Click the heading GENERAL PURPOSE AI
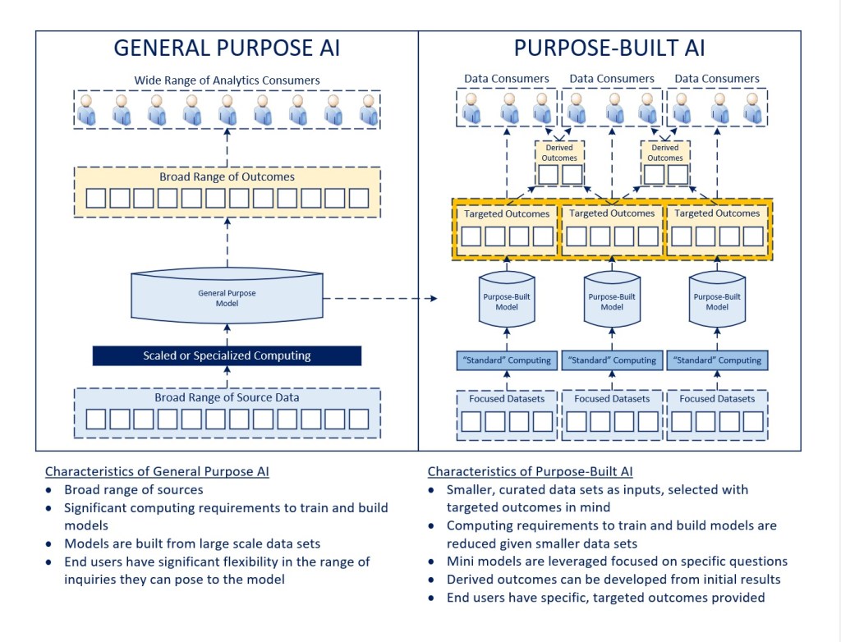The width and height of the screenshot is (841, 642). [227, 48]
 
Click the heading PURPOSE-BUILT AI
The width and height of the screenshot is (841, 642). [609, 48]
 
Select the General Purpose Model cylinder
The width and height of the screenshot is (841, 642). [226, 297]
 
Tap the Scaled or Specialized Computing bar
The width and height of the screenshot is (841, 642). [227, 355]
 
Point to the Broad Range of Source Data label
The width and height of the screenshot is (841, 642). [227, 397]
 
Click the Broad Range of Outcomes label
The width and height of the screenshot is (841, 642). [227, 177]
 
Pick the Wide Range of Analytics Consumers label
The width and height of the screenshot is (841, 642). [227, 80]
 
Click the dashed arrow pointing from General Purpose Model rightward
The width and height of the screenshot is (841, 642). [378, 298]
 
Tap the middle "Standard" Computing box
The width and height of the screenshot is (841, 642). [612, 360]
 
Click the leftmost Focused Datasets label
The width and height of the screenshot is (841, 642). [507, 398]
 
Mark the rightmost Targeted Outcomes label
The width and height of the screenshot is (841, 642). [717, 213]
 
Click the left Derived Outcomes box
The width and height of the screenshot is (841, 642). [560, 162]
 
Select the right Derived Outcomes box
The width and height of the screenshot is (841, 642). [665, 162]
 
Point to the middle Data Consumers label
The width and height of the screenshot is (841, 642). [612, 79]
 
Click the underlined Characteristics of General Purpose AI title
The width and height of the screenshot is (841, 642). [157, 472]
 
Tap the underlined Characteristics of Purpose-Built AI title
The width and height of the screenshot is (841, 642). [531, 472]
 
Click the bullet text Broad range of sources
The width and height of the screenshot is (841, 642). [134, 490]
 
